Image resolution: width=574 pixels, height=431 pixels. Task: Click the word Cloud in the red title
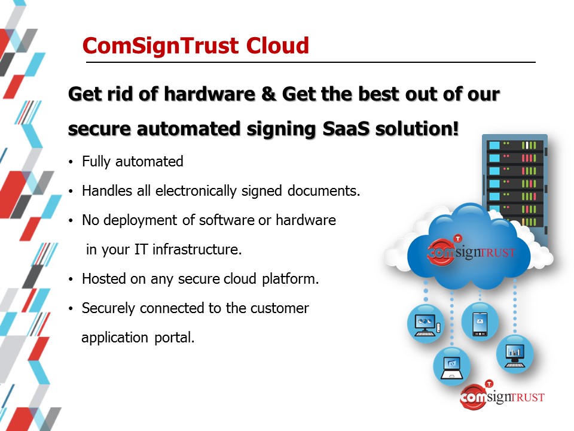(x=277, y=45)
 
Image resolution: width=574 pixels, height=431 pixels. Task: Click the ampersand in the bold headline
(x=268, y=94)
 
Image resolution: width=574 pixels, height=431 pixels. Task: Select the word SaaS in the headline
(x=346, y=129)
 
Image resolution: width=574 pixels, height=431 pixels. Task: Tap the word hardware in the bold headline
(x=209, y=94)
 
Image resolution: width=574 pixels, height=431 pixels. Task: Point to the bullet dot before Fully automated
(x=71, y=162)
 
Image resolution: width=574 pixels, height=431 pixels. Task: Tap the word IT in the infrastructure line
(x=141, y=250)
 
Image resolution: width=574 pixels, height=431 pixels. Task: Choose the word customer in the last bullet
(x=280, y=308)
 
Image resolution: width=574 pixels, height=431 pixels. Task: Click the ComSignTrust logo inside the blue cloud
(x=471, y=251)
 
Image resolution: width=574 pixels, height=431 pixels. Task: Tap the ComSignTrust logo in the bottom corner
(x=502, y=396)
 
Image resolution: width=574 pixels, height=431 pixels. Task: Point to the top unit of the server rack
(x=515, y=145)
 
